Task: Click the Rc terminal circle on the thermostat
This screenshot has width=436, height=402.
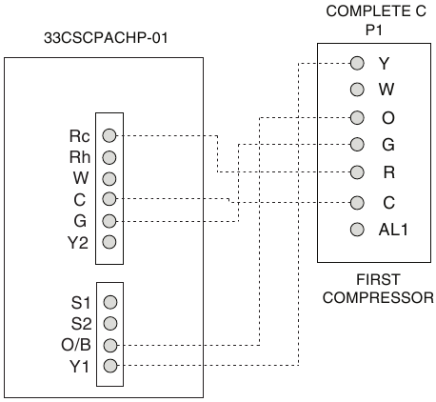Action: point(109,135)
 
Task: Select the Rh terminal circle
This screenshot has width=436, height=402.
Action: point(109,157)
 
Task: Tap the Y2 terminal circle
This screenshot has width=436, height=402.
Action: point(109,242)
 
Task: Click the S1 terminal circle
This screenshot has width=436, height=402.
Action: point(110,302)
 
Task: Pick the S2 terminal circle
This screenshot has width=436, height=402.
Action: point(110,324)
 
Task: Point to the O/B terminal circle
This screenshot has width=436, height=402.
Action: point(110,345)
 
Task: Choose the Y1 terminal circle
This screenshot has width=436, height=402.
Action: point(110,366)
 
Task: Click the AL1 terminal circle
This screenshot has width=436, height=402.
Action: point(357,229)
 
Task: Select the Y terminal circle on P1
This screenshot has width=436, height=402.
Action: point(357,63)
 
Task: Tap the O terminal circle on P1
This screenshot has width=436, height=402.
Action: point(357,118)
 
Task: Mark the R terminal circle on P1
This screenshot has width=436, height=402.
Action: point(357,172)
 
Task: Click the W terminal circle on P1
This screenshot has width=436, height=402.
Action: point(357,90)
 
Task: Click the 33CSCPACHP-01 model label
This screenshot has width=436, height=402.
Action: point(106,38)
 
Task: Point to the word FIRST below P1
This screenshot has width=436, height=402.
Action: point(378,280)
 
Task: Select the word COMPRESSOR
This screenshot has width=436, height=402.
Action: point(378,298)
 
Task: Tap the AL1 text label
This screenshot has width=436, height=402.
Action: point(393,230)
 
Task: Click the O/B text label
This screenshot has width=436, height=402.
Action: point(76,345)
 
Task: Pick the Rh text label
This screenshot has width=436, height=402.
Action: point(80,157)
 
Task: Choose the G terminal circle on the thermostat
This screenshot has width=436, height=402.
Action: point(109,221)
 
